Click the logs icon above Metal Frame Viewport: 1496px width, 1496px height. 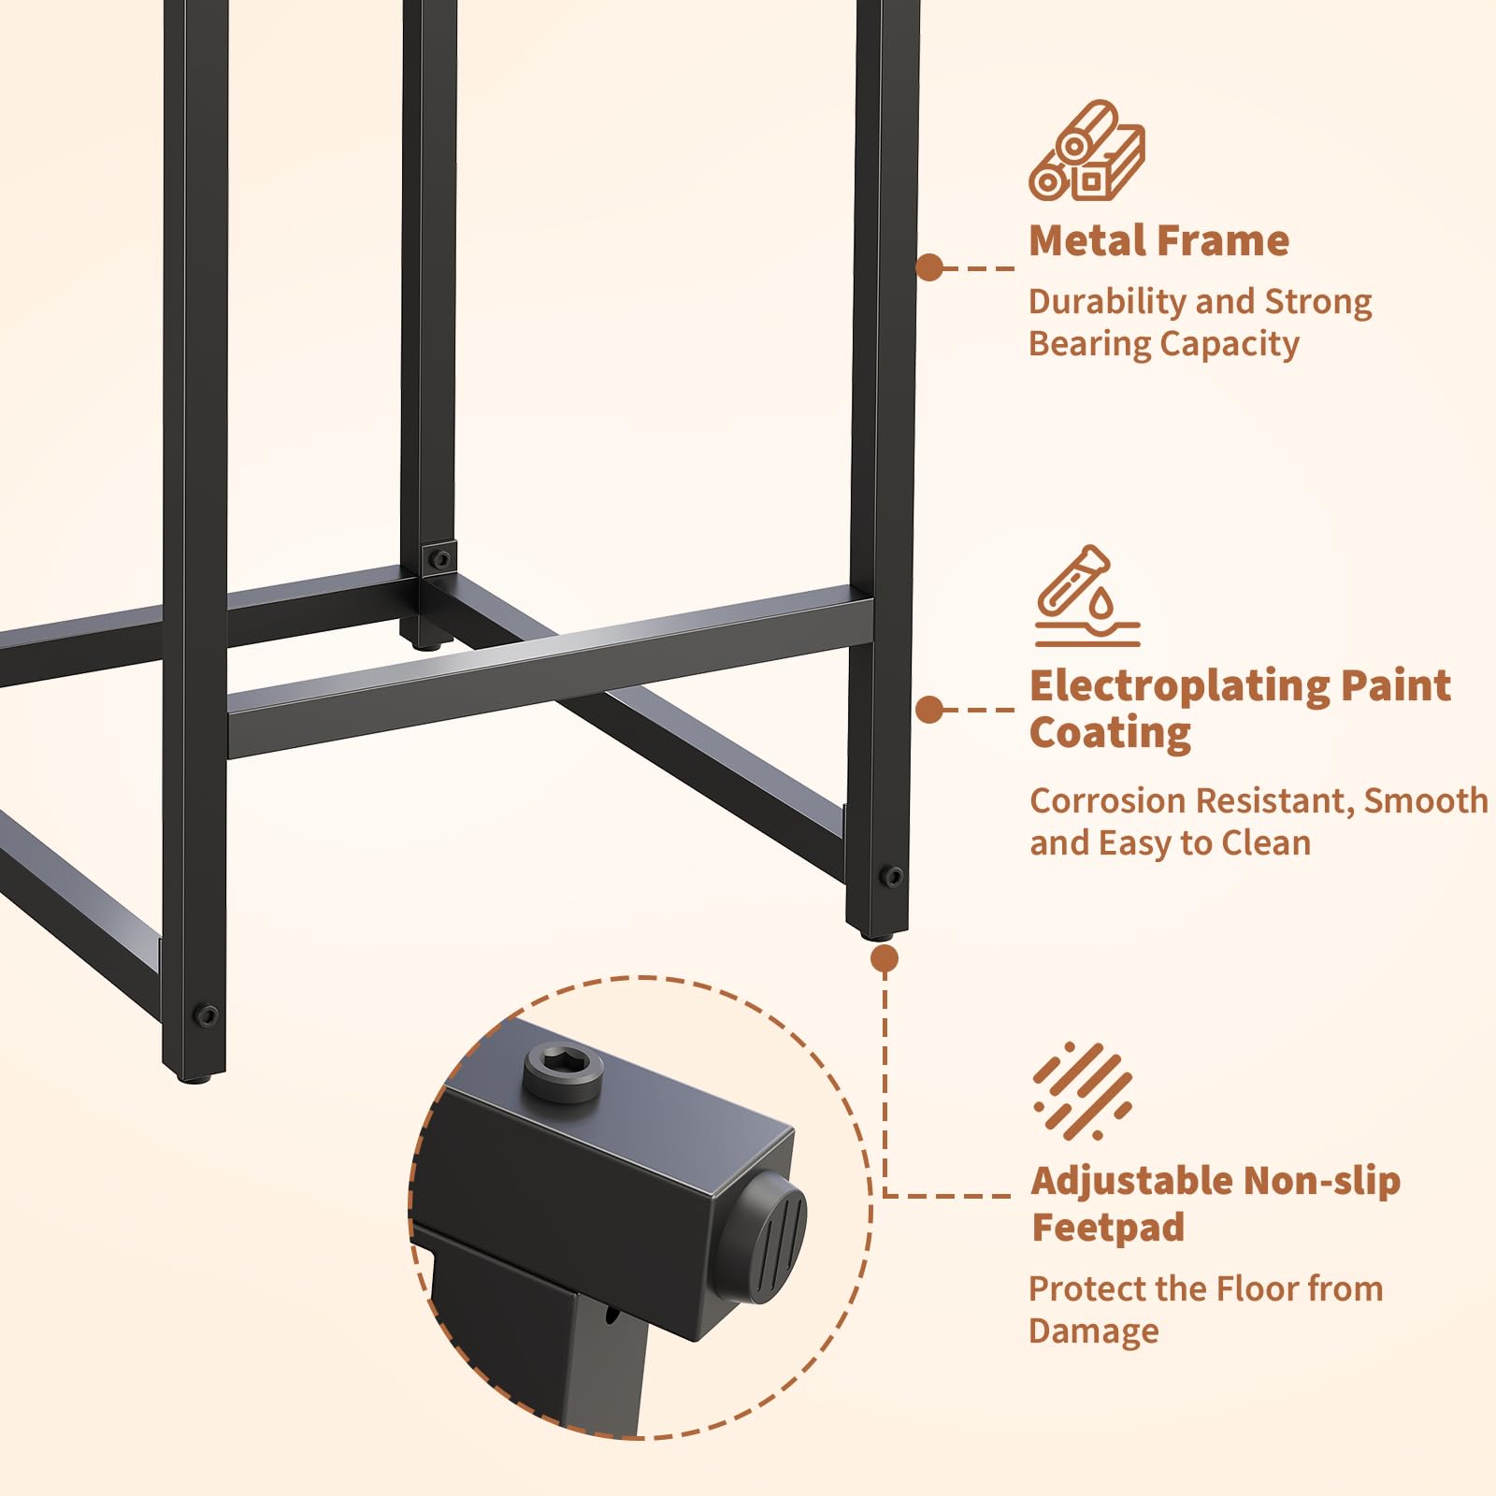1086,151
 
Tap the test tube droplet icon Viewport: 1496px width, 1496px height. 1086,596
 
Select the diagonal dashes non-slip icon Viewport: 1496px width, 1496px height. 1083,1090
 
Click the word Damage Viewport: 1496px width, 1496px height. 1094,1331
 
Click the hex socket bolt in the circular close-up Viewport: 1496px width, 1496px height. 563,1072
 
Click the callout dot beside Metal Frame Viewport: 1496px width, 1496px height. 929,267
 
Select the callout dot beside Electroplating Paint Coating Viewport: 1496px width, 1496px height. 929,710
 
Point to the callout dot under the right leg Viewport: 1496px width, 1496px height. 884,958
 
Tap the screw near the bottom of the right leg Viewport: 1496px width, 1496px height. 892,876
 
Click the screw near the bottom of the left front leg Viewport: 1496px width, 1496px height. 205,1014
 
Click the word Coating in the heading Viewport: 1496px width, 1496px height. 1110,733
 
